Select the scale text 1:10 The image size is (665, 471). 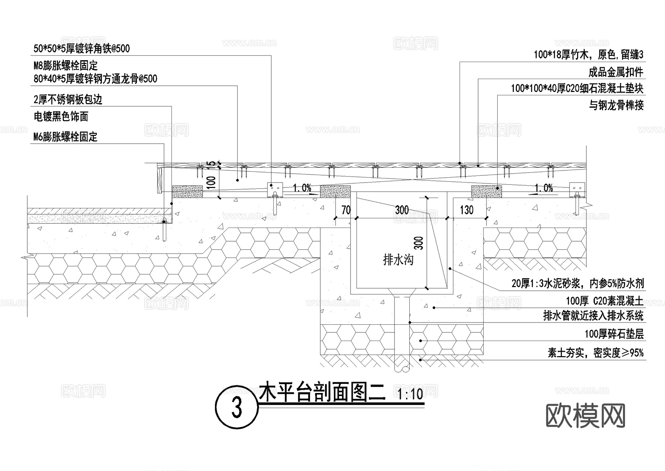(x=410, y=395)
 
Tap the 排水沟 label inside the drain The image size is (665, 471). (x=398, y=260)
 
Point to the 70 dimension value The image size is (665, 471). (x=346, y=210)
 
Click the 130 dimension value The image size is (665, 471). (x=467, y=210)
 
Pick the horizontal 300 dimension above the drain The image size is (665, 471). (x=402, y=210)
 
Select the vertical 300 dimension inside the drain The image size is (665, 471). (x=420, y=243)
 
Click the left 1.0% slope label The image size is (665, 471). (x=302, y=188)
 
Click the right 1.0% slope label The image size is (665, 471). (x=543, y=188)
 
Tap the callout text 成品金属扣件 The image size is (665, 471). (x=616, y=72)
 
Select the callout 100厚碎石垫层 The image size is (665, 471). (x=614, y=334)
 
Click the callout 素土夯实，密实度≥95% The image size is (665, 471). (x=596, y=353)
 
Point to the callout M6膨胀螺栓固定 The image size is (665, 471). (x=65, y=137)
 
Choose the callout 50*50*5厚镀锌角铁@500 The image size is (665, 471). (x=81, y=48)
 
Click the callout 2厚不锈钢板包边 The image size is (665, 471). (x=68, y=99)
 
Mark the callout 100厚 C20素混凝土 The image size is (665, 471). (x=605, y=301)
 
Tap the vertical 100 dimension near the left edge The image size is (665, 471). (x=211, y=183)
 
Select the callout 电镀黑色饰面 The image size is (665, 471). (x=61, y=117)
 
